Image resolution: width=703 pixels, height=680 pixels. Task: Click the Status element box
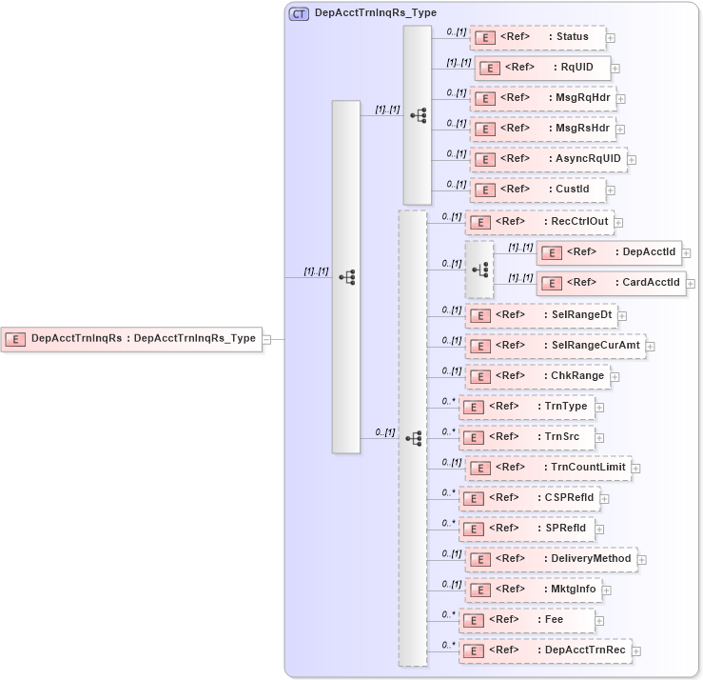coord(537,38)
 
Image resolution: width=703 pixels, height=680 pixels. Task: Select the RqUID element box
coord(542,69)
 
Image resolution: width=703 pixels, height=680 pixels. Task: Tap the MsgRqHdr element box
coord(542,99)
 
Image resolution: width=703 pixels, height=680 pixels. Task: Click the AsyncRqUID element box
coord(548,159)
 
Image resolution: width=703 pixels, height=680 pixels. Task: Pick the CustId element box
coord(537,190)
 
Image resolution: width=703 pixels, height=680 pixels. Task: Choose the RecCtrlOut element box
coord(538,222)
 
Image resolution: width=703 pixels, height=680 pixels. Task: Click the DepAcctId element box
coord(609,252)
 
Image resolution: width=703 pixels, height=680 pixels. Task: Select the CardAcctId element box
coord(611,283)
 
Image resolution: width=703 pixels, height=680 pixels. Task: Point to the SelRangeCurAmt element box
coord(555,346)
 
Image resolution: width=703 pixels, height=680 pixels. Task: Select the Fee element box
coord(526,620)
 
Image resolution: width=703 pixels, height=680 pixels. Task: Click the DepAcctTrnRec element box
coord(544,650)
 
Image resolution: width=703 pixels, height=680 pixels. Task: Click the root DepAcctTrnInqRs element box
coord(131,338)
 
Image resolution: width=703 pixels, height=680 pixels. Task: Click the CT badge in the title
coord(299,14)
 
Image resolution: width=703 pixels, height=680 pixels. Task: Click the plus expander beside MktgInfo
coord(607,590)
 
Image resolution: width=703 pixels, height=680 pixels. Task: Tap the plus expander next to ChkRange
coord(615,377)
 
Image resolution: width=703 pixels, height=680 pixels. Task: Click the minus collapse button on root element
coord(267,339)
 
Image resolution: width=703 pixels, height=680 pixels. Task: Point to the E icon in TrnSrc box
coord(473,437)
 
